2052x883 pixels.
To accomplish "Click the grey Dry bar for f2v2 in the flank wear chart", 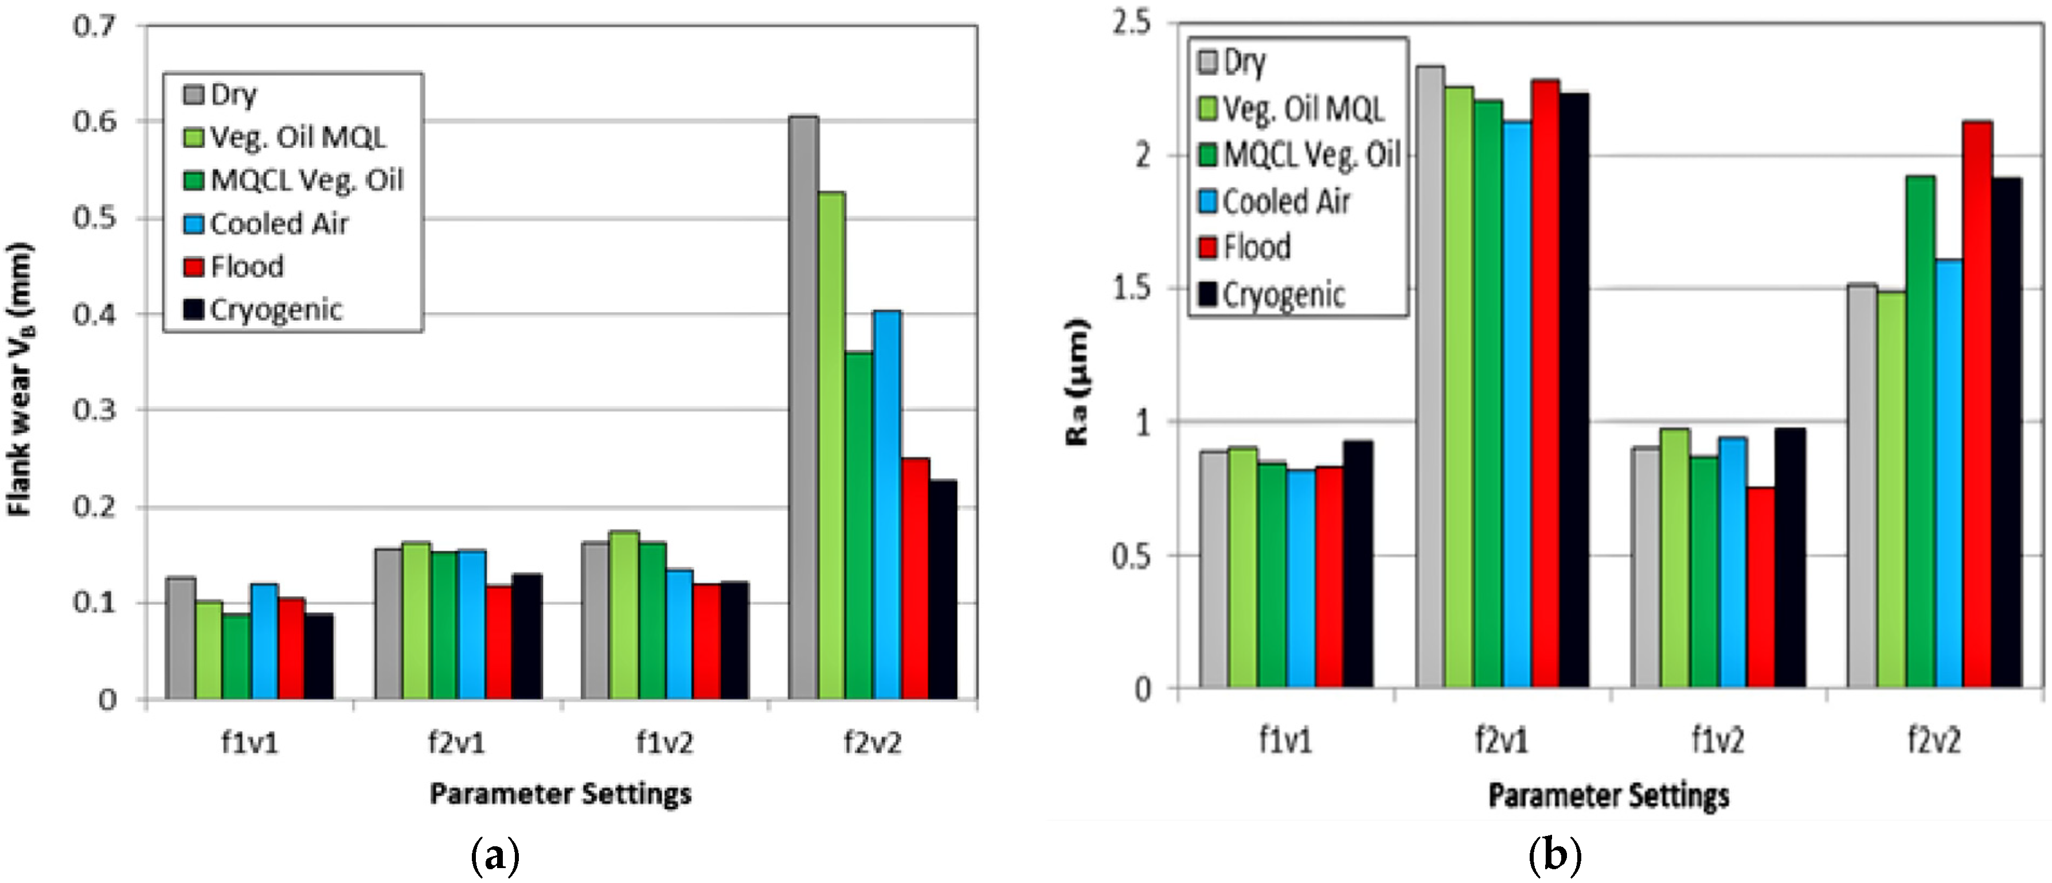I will (x=803, y=406).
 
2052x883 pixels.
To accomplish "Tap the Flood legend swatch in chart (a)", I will (x=194, y=266).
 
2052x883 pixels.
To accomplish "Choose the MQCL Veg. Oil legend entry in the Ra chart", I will (x=1311, y=154).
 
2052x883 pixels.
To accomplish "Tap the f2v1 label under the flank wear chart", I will (x=456, y=743).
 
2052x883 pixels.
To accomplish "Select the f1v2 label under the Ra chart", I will (x=1717, y=741).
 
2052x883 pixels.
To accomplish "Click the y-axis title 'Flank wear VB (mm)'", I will (x=21, y=379).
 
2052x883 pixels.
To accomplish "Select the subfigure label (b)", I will (x=1555, y=857).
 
